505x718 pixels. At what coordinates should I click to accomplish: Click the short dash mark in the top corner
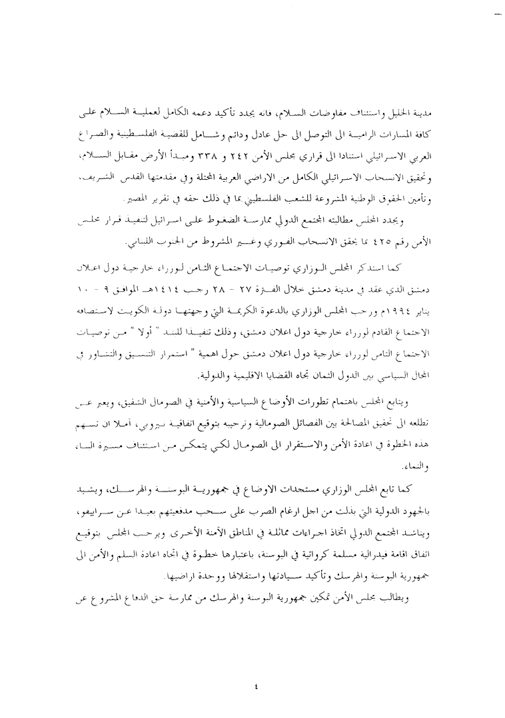[496, 13]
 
